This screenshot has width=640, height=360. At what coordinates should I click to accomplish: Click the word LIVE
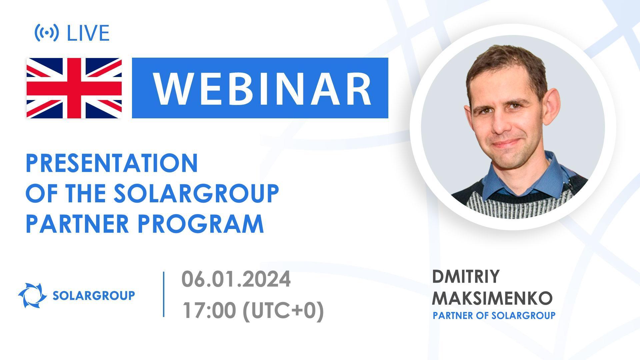coord(88,33)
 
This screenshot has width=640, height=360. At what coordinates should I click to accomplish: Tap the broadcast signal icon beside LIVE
coord(47,33)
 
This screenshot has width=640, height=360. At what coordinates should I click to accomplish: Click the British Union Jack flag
coord(74,88)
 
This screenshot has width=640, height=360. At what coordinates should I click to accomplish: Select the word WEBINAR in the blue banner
coord(262,88)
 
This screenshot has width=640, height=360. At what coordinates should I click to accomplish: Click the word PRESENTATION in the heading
coord(112,163)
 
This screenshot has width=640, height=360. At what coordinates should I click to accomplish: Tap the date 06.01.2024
coord(236,279)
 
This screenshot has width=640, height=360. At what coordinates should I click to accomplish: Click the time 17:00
coord(208,311)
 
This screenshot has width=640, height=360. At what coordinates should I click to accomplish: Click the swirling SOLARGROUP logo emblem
coord(32,295)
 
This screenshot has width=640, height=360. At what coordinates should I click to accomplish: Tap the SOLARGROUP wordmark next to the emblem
coord(94,295)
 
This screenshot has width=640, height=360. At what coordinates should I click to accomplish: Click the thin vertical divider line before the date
coord(164,294)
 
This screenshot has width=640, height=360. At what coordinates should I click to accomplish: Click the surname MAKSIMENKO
coord(492,298)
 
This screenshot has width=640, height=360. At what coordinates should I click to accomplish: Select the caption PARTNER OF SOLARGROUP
coord(494,315)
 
